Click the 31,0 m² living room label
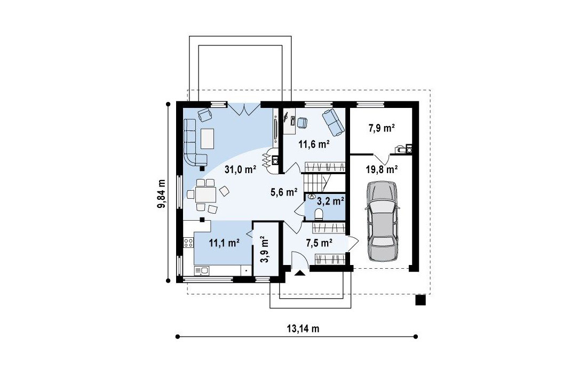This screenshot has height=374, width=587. click(x=240, y=169)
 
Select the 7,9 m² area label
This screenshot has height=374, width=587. click(x=382, y=129)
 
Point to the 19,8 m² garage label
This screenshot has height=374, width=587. click(x=382, y=169)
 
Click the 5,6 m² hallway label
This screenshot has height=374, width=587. click(x=284, y=192)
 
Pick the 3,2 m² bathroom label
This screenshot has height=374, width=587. click(x=330, y=201)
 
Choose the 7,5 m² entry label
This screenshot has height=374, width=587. click(x=319, y=243)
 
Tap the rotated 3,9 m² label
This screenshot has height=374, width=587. click(x=264, y=249)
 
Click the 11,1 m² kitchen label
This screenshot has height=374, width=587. click(x=224, y=243)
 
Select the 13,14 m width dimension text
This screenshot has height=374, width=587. click(x=303, y=329)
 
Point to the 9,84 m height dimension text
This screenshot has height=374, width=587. click(x=161, y=193)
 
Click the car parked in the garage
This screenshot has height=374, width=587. click(x=382, y=221)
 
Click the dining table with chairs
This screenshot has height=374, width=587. click(x=206, y=195)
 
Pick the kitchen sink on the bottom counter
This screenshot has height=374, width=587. click(x=202, y=270)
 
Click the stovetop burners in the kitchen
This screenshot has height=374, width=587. click(x=188, y=243)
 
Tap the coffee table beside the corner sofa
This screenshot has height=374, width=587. click(x=208, y=139)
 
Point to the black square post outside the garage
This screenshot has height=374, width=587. click(x=421, y=300)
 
